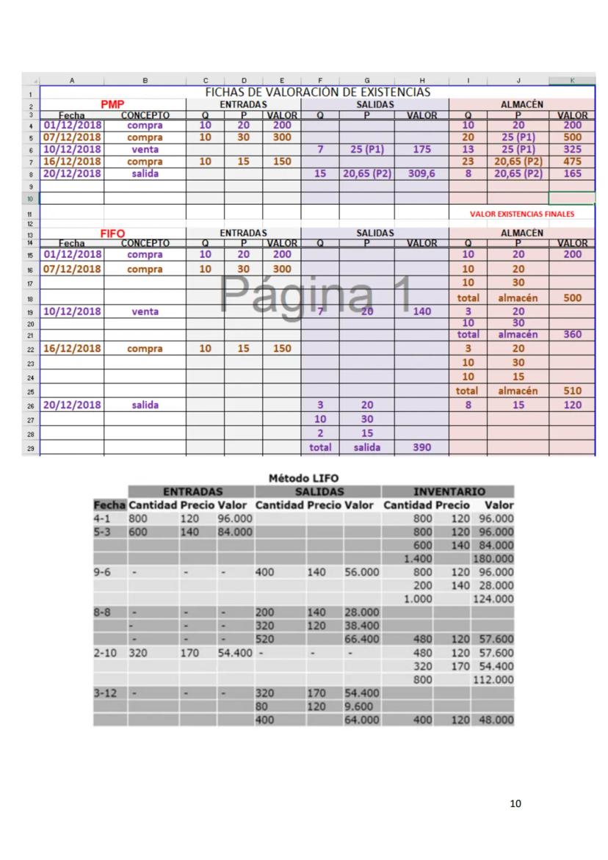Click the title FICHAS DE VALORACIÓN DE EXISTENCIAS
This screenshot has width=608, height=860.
click(x=317, y=93)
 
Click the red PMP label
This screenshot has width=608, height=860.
click(x=113, y=105)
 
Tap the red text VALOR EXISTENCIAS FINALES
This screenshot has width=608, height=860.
click(x=522, y=214)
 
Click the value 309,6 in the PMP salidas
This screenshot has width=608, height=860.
click(x=421, y=174)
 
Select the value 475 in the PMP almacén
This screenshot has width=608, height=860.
click(x=572, y=162)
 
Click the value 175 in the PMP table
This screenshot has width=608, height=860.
click(x=421, y=150)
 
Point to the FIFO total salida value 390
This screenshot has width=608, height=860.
click(x=421, y=447)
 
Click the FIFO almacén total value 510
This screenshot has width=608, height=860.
click(x=572, y=391)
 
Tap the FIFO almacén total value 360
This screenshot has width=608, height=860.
click(x=572, y=334)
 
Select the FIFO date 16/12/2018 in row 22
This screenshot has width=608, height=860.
click(x=72, y=348)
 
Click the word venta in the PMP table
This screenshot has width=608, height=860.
click(x=145, y=150)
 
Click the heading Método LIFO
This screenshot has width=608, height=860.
click(x=304, y=479)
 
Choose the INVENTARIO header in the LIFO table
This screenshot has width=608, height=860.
click(x=448, y=491)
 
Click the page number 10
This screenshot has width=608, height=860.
click(x=515, y=804)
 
